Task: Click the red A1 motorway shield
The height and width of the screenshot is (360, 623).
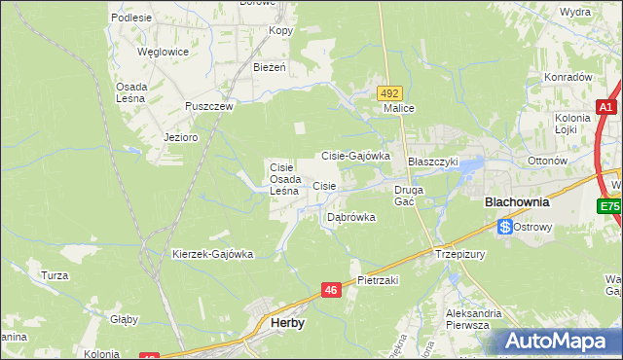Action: click(605, 108)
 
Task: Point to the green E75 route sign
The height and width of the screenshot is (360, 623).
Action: click(610, 206)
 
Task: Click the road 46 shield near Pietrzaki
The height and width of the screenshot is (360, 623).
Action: click(331, 290)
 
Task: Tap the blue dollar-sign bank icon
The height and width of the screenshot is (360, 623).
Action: click(505, 227)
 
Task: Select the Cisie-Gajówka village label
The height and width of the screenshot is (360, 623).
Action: click(355, 155)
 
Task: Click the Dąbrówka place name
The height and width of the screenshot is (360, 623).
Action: click(350, 217)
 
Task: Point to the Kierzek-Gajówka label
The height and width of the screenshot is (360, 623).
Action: click(212, 254)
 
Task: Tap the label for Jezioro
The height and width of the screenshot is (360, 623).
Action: click(181, 137)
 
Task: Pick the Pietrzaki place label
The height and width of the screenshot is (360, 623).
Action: click(378, 280)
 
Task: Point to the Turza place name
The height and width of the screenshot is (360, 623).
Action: click(55, 275)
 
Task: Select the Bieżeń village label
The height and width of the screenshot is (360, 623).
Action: click(269, 68)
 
